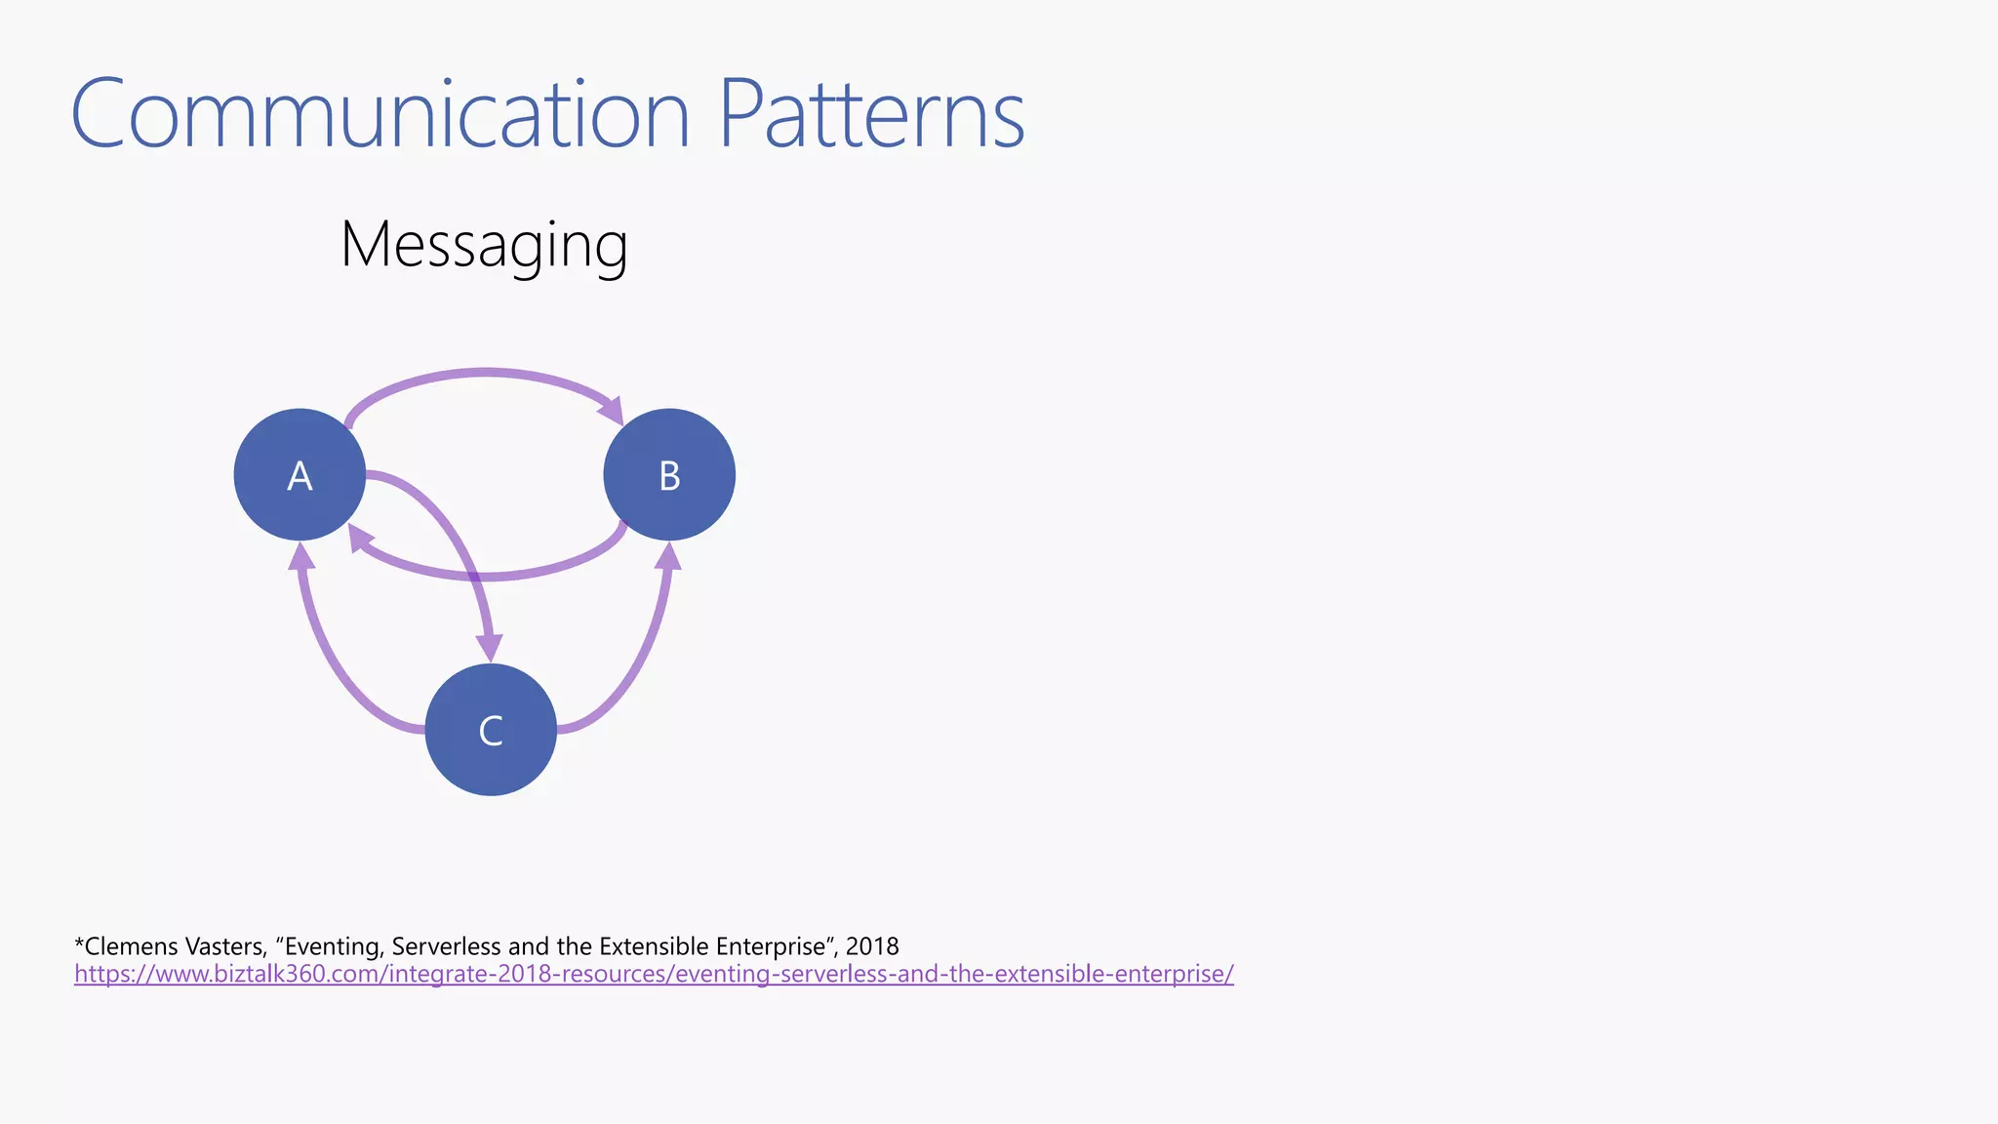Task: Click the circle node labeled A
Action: coord(300,474)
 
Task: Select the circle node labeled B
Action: coord(669,474)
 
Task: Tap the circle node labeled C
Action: coord(491,730)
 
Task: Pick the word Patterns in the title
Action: coord(871,114)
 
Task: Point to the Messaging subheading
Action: coord(484,245)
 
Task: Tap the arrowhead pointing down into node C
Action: coord(489,647)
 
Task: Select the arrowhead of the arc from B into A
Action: coord(360,539)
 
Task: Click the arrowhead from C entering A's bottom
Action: coord(302,557)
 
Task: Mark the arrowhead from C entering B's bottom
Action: coord(668,557)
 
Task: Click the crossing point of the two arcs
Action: coord(475,578)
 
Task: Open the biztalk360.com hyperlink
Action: coord(654,974)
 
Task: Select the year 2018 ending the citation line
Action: coord(872,946)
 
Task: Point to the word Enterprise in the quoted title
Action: coord(771,946)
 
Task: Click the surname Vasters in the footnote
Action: coord(228,946)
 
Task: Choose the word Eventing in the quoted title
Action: coord(332,946)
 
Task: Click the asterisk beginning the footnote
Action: coord(79,943)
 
